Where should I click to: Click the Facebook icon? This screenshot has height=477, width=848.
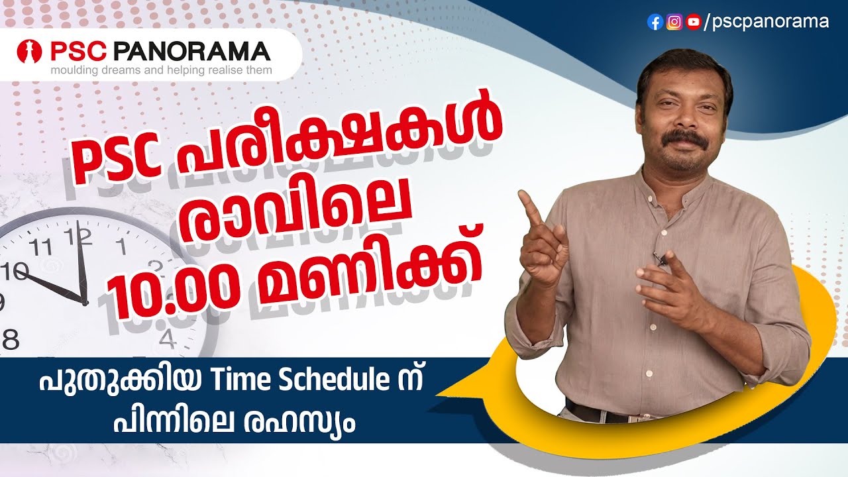click(655, 23)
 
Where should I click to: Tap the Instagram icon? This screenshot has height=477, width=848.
click(674, 23)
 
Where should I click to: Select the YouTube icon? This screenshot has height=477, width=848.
click(694, 23)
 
